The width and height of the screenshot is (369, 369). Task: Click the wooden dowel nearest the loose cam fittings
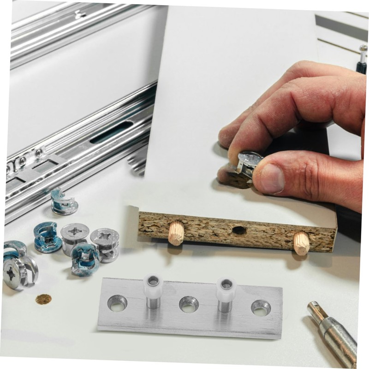tap(176, 233)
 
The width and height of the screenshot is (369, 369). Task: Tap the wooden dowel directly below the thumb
tap(301, 243)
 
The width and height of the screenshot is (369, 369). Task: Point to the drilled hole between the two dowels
tap(239, 230)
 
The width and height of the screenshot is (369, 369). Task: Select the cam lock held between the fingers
tap(247, 166)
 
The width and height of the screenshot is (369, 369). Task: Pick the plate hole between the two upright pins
tap(189, 304)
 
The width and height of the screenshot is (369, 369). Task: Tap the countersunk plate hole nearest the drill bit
tap(261, 307)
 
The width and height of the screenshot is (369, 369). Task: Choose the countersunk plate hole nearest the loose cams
tap(117, 303)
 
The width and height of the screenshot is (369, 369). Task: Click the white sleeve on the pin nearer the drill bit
tap(226, 289)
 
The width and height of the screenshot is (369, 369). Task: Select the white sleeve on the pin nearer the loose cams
tap(153, 286)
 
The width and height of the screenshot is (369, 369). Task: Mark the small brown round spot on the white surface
tap(43, 299)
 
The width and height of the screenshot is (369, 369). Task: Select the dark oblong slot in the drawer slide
tap(111, 132)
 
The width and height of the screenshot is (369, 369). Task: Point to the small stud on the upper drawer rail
tap(79, 14)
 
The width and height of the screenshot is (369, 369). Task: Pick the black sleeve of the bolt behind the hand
tap(361, 67)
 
